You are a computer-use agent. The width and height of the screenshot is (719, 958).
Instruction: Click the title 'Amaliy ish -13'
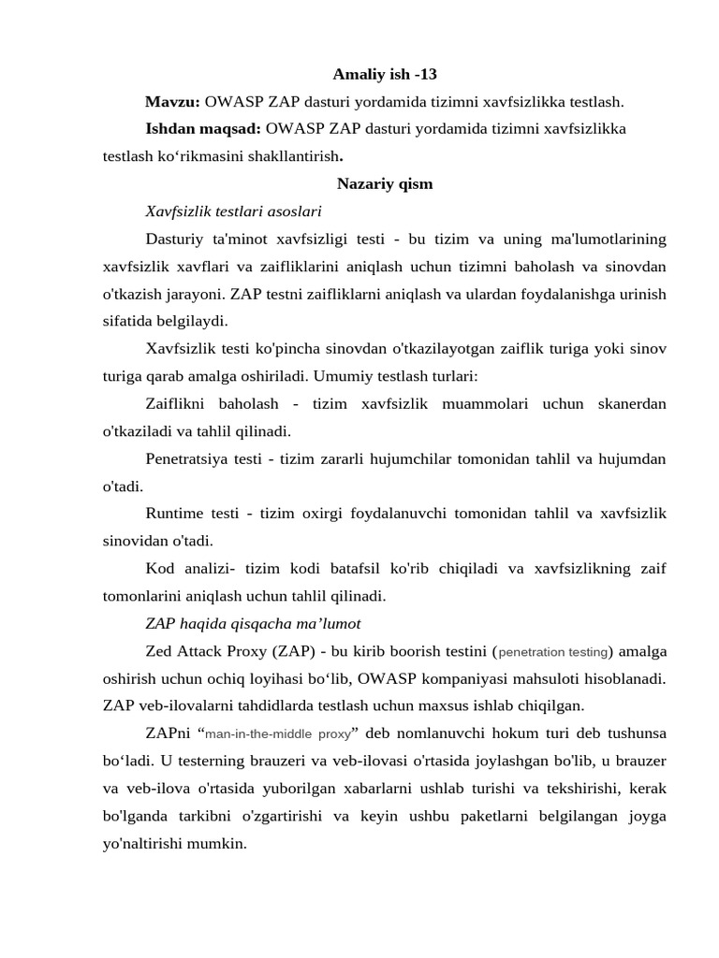coord(385,74)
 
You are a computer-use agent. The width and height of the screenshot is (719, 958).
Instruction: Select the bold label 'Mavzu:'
coord(172,101)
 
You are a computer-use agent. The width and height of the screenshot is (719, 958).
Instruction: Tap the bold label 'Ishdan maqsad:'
coord(203,128)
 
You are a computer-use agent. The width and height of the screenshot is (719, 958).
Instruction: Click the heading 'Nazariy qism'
coord(385,183)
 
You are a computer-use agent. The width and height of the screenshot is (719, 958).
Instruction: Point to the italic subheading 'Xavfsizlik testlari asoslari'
coord(234,210)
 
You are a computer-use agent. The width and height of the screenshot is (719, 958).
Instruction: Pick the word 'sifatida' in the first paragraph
coord(128,321)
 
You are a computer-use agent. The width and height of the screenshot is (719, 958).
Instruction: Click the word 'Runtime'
coord(174,513)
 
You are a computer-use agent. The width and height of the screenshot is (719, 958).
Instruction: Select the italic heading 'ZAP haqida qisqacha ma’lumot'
coord(253,623)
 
